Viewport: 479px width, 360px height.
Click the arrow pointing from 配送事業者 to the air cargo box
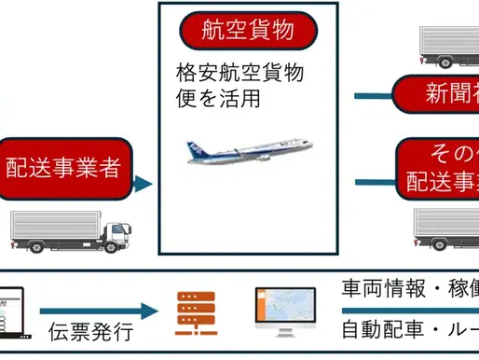[x=141, y=184]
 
